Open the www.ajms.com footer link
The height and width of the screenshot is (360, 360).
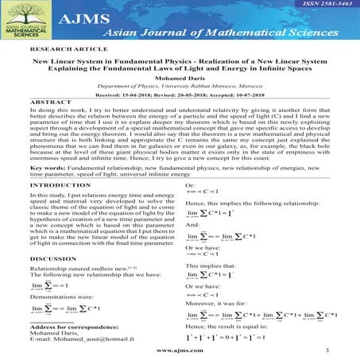180,349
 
